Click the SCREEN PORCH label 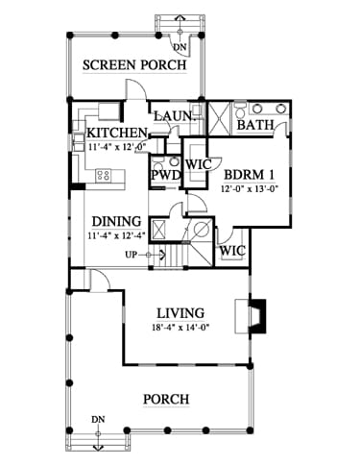tap(134, 65)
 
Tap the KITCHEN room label tap(117, 133)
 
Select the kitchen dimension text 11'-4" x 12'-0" tap(116, 147)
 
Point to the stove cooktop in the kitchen tap(103, 175)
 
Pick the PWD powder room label tap(166, 176)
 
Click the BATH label tap(255, 125)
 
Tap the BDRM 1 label tap(249, 175)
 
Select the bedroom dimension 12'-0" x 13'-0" tap(249, 188)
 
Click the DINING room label tap(116, 221)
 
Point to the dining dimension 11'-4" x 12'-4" tap(117, 235)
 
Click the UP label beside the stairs tap(131, 255)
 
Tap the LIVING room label tap(180, 313)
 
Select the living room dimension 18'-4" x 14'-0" tap(180, 328)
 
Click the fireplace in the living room tap(251, 316)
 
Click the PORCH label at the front tap(166, 400)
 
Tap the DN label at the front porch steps tap(98, 419)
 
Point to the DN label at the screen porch tap(180, 47)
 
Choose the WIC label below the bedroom tap(232, 251)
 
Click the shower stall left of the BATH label tap(219, 118)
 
